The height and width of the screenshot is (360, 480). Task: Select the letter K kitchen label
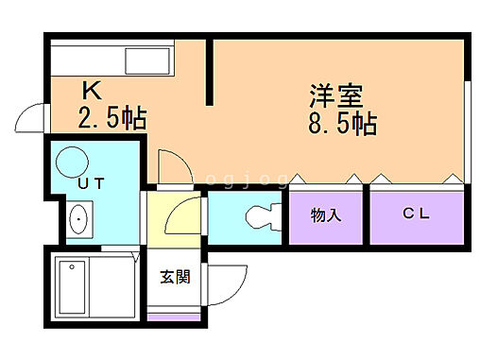click(93, 92)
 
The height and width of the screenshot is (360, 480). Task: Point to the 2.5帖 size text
click(111, 119)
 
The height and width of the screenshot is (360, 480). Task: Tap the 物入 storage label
click(326, 215)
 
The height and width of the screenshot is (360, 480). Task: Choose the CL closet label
click(416, 214)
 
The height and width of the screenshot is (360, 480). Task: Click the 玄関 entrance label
click(174, 277)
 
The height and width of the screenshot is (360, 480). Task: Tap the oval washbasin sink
click(78, 221)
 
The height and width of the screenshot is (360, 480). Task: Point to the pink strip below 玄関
click(174, 315)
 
